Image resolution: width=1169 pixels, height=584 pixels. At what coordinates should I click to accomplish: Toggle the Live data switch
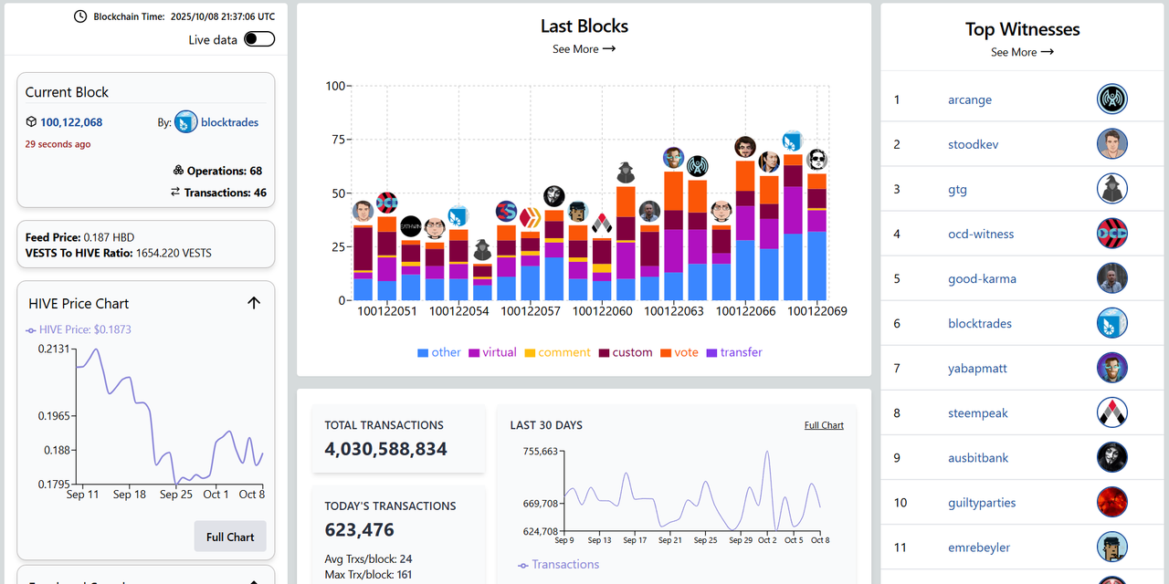(259, 39)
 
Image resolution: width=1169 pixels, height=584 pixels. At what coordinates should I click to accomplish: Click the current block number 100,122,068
(71, 122)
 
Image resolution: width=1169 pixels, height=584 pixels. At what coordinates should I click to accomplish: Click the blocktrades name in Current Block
(229, 122)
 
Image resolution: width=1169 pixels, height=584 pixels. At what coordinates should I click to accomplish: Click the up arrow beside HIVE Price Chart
(254, 303)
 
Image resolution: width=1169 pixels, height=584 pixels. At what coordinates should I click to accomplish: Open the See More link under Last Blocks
(584, 49)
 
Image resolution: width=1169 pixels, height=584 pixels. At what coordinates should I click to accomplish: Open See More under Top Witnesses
(1022, 52)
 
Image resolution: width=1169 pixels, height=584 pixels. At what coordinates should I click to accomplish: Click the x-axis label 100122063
(674, 311)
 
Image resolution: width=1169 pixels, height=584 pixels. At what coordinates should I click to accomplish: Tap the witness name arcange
(970, 99)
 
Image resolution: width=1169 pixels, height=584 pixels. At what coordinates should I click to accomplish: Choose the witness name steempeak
(978, 413)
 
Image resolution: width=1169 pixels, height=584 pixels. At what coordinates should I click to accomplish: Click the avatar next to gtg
(1111, 189)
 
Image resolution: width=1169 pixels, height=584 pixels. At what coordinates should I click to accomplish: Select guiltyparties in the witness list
(982, 503)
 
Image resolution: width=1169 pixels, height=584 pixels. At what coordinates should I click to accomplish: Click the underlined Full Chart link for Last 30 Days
(824, 425)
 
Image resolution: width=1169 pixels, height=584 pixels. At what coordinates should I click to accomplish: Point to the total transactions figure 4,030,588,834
(385, 449)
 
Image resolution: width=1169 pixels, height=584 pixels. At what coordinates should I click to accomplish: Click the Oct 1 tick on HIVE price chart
(216, 495)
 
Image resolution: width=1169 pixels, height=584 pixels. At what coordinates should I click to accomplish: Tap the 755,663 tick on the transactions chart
(539, 451)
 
